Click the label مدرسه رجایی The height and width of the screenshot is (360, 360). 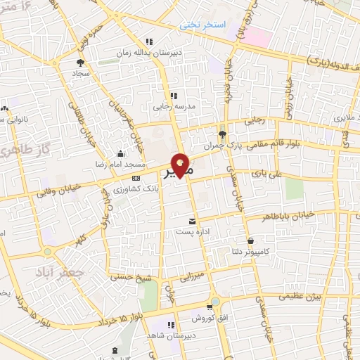pos(172,108)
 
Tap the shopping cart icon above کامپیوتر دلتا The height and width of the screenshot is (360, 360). pos(250,240)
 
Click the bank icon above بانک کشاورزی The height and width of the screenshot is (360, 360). pos(136,179)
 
